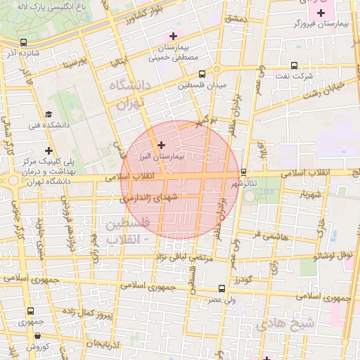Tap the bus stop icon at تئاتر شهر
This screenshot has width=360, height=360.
click(x=243, y=172)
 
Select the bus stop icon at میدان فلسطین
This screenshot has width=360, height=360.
click(x=202, y=74)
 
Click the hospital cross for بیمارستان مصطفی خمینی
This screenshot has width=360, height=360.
click(x=173, y=37)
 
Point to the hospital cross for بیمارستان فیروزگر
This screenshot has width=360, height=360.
click(x=321, y=13)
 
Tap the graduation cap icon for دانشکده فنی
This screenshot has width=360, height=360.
click(x=49, y=114)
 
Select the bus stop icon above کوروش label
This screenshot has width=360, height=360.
click(x=31, y=335)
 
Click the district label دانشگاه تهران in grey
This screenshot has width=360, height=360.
click(x=127, y=94)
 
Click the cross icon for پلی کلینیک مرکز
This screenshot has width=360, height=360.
click(x=49, y=150)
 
